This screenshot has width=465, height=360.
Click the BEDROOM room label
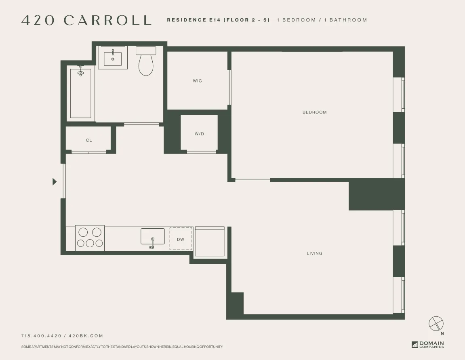[x=314, y=112]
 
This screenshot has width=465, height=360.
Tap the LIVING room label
[x=314, y=253]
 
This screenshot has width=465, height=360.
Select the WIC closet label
[x=197, y=81]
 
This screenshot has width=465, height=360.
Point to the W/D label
[x=199, y=134]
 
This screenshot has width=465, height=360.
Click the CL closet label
[x=89, y=141]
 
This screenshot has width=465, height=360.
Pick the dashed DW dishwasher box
[x=181, y=239]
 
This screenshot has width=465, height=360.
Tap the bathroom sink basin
[x=113, y=59]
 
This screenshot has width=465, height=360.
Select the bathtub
[x=81, y=93]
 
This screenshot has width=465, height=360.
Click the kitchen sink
[x=153, y=236]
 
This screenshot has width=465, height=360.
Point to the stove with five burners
[x=90, y=238]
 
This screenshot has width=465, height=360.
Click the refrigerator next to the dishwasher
[x=209, y=242]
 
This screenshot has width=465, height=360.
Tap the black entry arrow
[x=55, y=182]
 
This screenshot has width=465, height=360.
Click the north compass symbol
[x=436, y=324]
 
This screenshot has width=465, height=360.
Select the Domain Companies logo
[x=428, y=345]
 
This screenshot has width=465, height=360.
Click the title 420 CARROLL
[x=86, y=20]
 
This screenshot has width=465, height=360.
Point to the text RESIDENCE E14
[x=194, y=20]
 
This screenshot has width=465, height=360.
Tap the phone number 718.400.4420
[x=41, y=336]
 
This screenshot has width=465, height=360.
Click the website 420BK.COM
[x=86, y=336]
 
